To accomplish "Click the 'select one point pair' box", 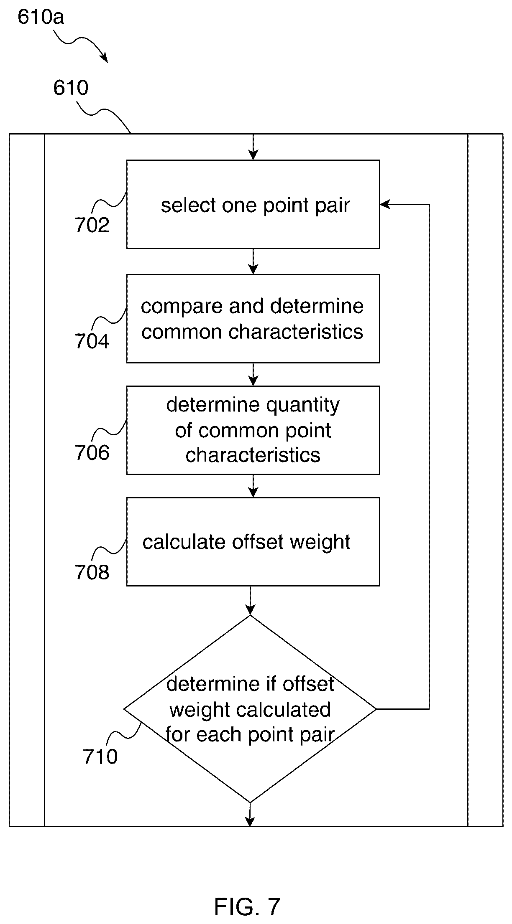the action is (x=253, y=204).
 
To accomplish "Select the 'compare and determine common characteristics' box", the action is (x=253, y=318).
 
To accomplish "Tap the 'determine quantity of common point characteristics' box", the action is (x=253, y=430).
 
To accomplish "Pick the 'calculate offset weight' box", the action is (x=253, y=541).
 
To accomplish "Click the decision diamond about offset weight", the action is (x=250, y=709).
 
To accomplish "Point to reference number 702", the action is (x=92, y=225).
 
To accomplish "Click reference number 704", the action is (x=92, y=341).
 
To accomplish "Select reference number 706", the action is (x=92, y=452).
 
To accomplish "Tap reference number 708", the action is (x=92, y=572).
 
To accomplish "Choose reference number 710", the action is (x=100, y=756).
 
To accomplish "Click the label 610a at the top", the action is (x=41, y=18).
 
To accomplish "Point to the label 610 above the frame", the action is (x=71, y=88).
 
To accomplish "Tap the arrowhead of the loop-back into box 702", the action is (x=385, y=204).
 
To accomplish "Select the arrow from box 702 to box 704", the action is (x=253, y=261).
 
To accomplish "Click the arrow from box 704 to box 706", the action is (x=253, y=374).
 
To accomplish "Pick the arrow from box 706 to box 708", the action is (x=253, y=486).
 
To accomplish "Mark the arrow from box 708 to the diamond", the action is (x=250, y=600).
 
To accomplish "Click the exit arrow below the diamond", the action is (x=250, y=814).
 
